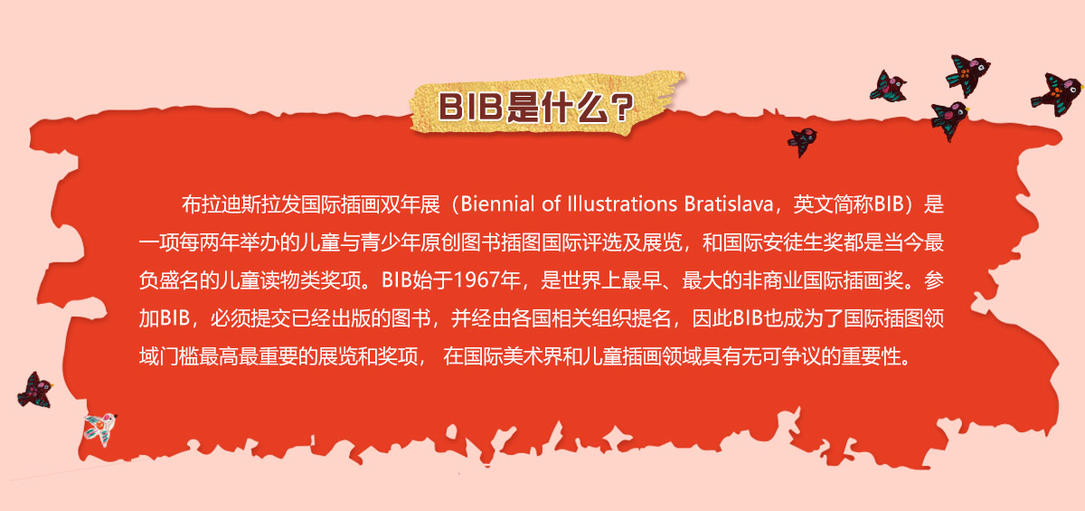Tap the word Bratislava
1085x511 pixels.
tap(729, 203)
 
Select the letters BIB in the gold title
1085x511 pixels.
tap(470, 106)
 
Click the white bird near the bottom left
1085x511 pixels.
tap(100, 429)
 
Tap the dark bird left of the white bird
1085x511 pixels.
tap(35, 391)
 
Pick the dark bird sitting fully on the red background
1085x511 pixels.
tap(802, 141)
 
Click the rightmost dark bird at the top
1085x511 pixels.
tap(1057, 94)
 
